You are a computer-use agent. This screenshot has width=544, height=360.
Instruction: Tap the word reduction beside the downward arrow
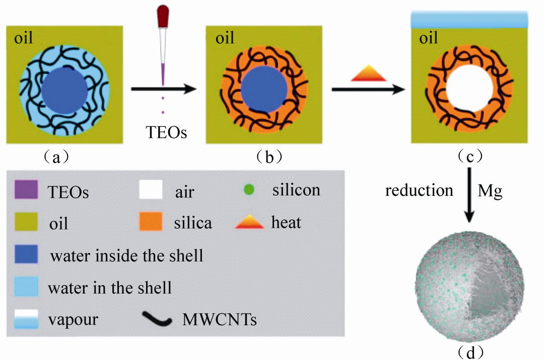click(419, 190)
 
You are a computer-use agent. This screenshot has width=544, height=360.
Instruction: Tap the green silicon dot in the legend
click(248, 191)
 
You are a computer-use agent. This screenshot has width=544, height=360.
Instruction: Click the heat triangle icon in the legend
click(249, 222)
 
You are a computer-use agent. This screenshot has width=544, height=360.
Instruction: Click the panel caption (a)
click(56, 157)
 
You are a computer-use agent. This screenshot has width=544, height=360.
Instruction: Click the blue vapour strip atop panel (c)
click(469, 19)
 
